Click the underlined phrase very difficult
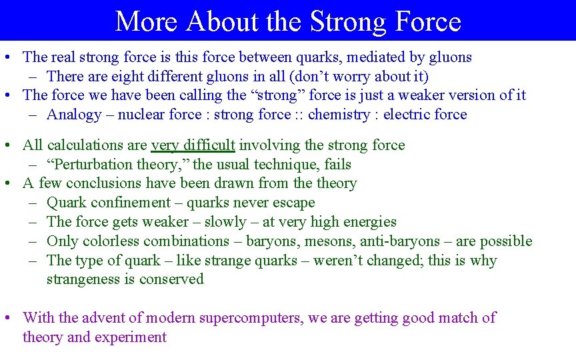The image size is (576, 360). pos(193,145)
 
